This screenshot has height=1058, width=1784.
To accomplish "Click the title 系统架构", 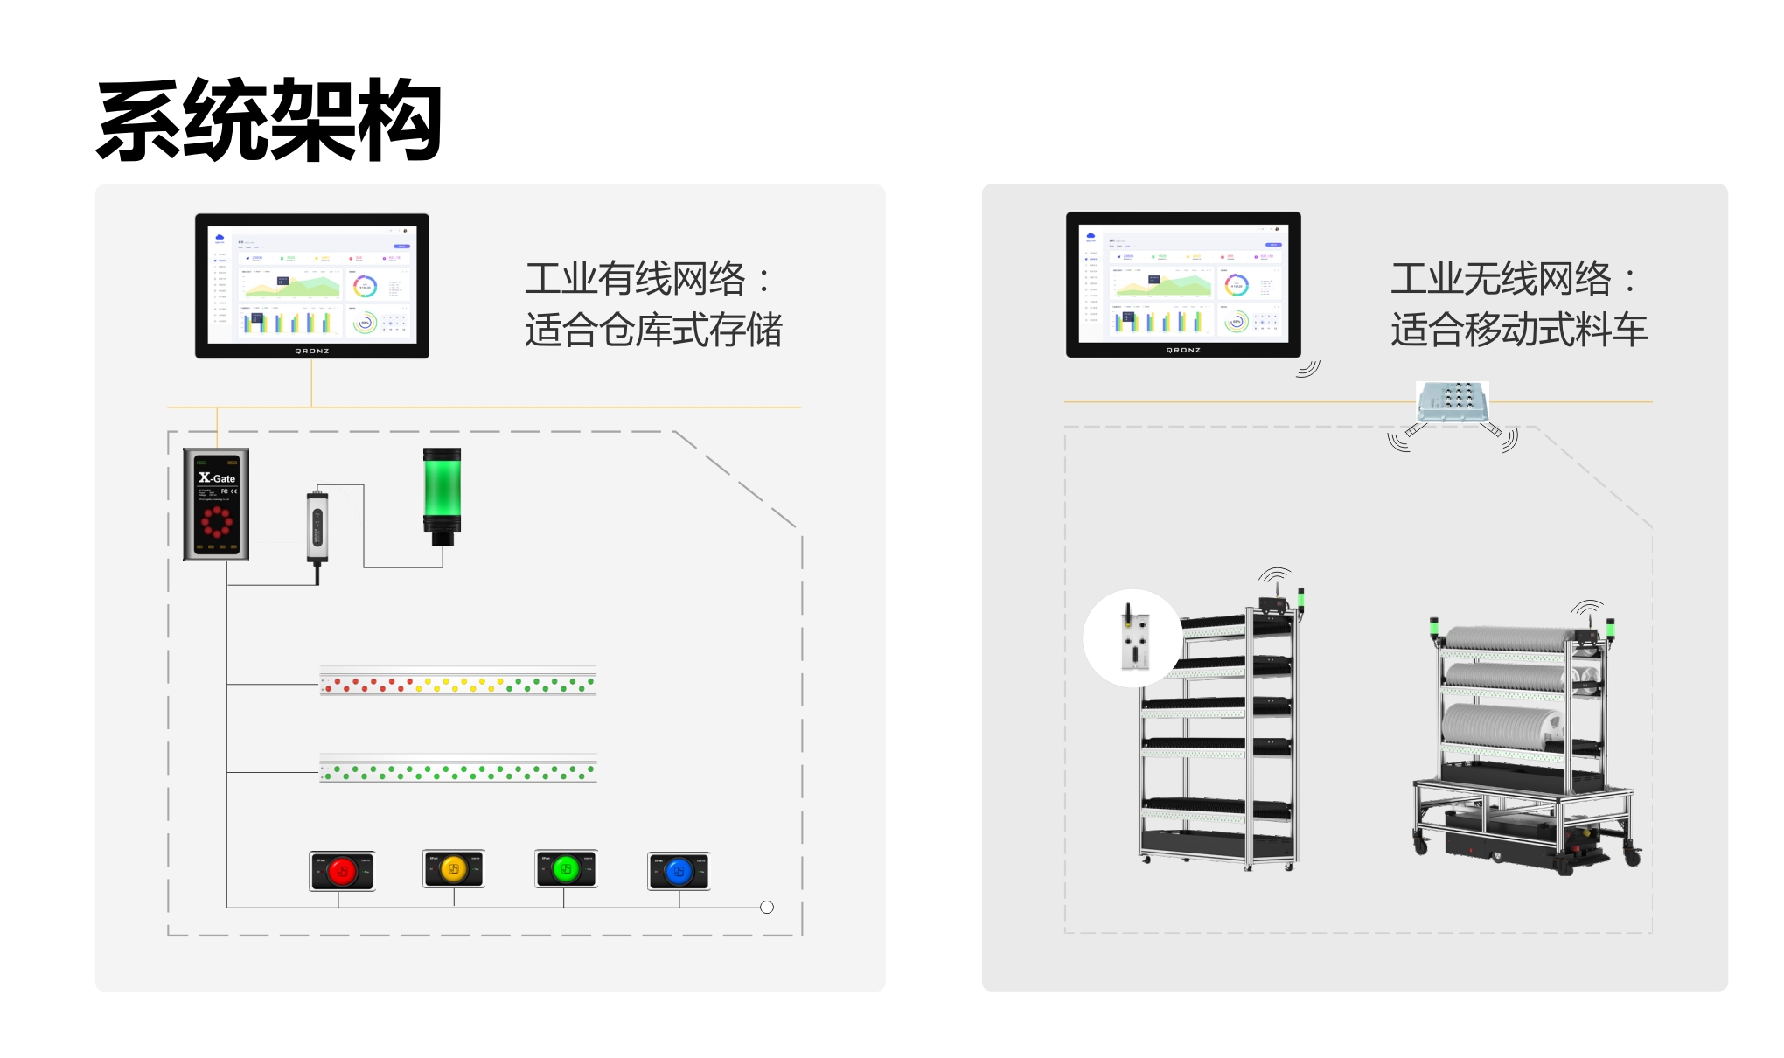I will coord(268,120).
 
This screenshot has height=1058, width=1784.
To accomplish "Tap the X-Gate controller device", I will coord(216,505).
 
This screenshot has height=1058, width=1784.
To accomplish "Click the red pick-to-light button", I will coord(342,871).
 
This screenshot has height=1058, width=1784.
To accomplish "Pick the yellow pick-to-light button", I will coord(453,869).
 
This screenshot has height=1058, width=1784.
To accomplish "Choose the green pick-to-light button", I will coord(566,869).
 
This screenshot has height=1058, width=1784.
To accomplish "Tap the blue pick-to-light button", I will coord(679,871).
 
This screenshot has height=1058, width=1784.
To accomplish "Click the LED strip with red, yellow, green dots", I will coord(457,682).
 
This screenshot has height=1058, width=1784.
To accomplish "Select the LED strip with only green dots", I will coord(457,770).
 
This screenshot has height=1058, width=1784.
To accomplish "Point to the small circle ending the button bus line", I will coord(767,908).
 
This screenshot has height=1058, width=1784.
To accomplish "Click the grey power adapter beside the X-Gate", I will coord(317,527).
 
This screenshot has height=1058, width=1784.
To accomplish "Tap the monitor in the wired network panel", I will coord(311,286).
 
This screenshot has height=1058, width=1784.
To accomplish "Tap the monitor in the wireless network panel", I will coord(1182,285).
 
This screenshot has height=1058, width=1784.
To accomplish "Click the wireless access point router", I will coord(1452,402).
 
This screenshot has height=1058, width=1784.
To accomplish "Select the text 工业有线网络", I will coord(636,279).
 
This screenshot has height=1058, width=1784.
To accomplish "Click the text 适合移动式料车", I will coord(1519,331).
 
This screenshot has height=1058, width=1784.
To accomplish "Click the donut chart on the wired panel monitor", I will coord(365,286).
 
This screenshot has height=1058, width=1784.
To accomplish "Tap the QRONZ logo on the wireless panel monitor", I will coord(1183,350).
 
